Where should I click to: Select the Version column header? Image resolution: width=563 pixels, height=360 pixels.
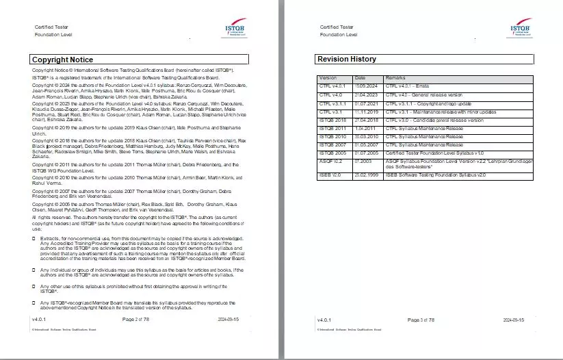pos(328,78)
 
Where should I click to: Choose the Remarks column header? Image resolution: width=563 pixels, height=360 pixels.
pos(395,78)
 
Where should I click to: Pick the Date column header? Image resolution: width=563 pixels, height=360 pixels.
pos(361,78)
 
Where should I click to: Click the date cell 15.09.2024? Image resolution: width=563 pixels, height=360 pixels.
pos(365,86)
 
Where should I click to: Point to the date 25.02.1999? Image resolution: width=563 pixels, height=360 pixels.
pos(365,176)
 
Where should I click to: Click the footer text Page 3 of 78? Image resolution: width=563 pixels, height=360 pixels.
pos(421,320)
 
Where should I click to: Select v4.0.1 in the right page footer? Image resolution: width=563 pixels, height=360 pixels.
pos(325,320)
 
